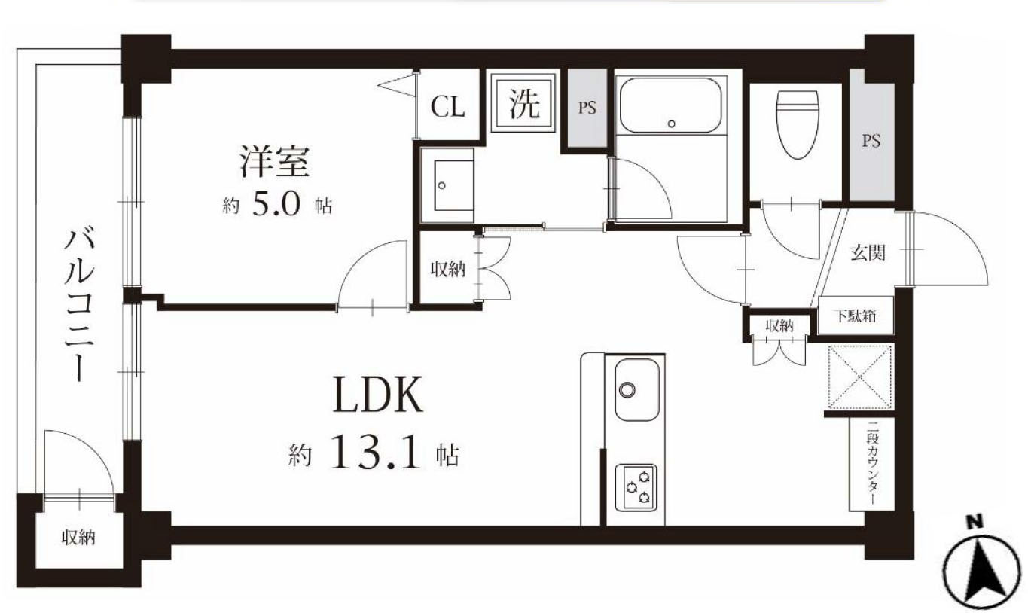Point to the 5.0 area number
click(276, 205)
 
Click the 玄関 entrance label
click(868, 253)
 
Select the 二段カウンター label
click(871, 464)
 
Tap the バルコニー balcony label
click(77, 305)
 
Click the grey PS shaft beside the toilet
click(871, 141)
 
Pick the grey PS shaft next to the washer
click(587, 108)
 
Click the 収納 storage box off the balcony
click(78, 538)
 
